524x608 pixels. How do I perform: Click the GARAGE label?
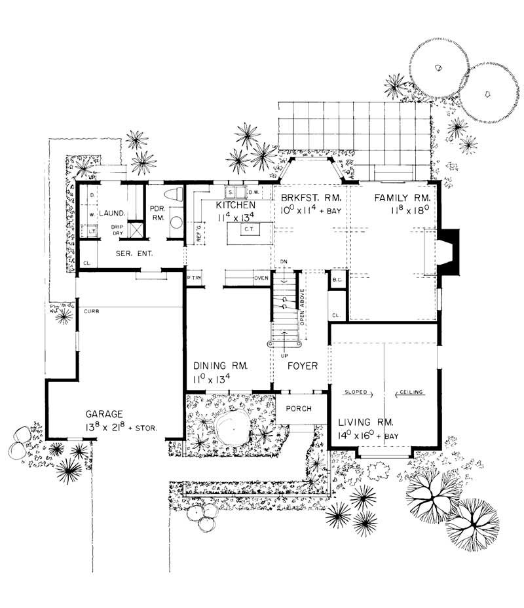point(104,414)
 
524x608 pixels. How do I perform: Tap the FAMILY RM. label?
point(402,198)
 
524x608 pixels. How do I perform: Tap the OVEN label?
point(262,278)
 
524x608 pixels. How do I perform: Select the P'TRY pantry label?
point(193,278)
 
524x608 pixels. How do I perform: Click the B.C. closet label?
point(337,280)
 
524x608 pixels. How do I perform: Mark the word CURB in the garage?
point(91,312)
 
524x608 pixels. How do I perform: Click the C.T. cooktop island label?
point(248,229)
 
